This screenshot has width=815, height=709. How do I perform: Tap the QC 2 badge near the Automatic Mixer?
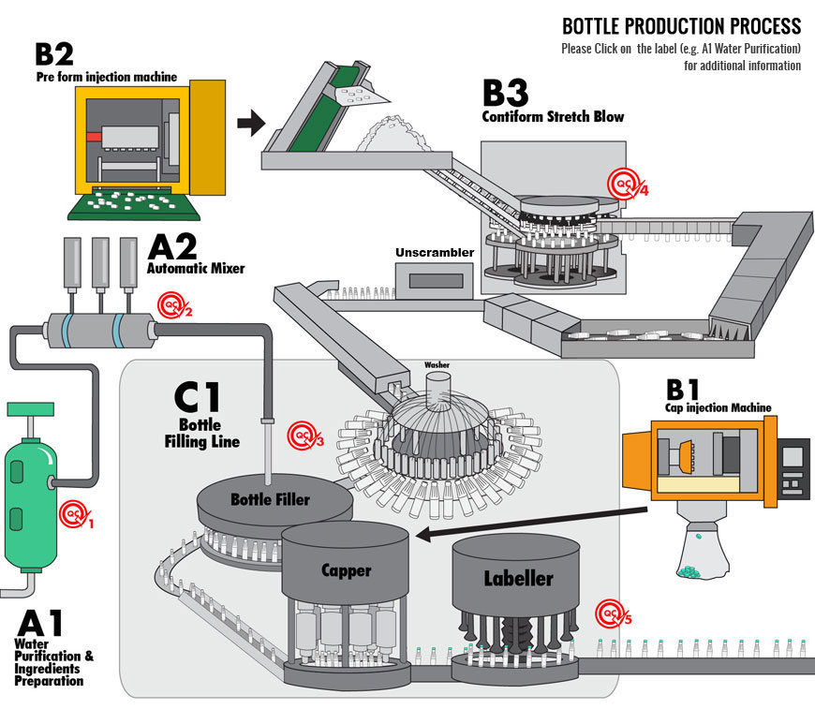point(174,305)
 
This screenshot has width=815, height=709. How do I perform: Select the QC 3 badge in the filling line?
point(305,436)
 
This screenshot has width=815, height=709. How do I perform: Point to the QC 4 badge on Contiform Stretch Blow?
point(628,183)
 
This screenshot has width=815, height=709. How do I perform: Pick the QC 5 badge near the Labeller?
point(614,613)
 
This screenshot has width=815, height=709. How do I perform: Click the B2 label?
point(54,54)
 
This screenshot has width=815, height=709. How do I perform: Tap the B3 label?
point(505,93)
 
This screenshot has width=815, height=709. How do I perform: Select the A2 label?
point(172,246)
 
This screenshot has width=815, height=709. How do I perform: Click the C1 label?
point(197,397)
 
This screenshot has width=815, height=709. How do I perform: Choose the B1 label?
point(683,390)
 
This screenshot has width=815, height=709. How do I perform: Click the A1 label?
point(40,623)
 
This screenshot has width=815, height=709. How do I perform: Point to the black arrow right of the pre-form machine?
point(251,123)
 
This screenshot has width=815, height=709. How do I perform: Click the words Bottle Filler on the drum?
point(271,499)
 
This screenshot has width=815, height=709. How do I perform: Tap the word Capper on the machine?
point(347,570)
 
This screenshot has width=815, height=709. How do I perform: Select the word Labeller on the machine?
point(518,578)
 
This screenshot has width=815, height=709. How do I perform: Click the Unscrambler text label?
point(435,253)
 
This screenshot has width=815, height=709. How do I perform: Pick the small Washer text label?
point(437,365)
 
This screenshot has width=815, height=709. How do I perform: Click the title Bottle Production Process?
point(681,26)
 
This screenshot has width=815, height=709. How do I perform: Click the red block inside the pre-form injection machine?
point(94,137)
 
